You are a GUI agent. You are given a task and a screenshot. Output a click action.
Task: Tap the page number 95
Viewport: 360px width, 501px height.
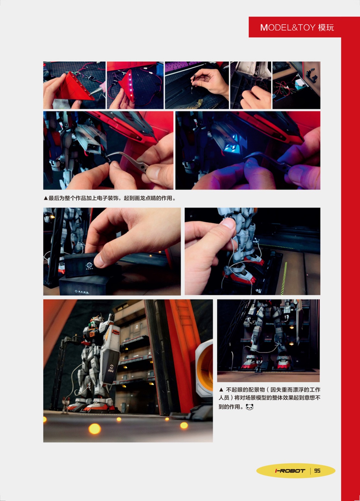coord(317,471)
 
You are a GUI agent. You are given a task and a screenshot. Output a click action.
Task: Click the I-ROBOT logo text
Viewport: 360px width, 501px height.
coord(290,471)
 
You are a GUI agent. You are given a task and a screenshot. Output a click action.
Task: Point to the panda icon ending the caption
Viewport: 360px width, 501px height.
coord(249,407)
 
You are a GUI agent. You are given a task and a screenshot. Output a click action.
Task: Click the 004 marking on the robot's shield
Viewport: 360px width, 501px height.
coord(111,371)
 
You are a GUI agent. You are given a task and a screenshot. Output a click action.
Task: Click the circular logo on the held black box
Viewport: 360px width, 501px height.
coord(89,265)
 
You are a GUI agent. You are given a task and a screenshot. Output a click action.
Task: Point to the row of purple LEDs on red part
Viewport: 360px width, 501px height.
coord(130,84)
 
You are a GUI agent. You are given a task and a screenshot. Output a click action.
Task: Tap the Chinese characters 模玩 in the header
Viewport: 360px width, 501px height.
coord(326,27)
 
